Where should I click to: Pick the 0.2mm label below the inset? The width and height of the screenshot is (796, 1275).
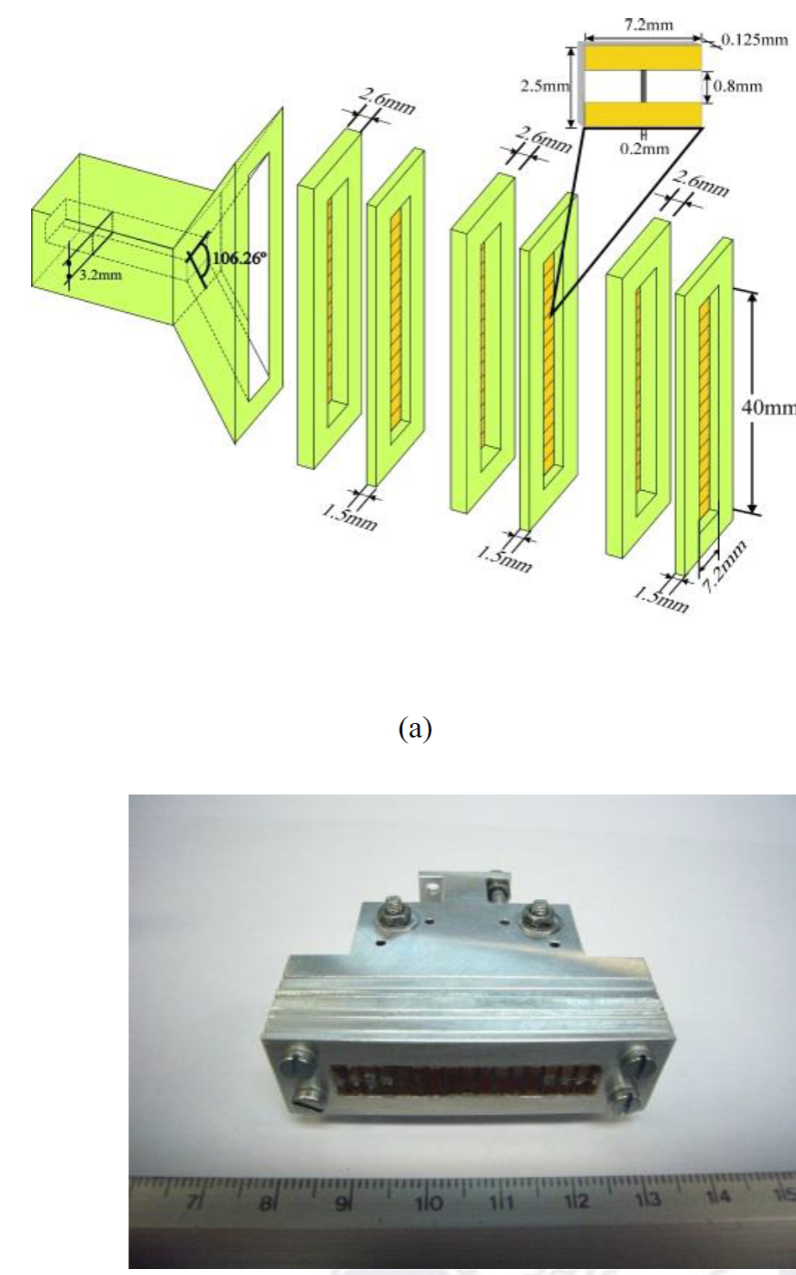(x=644, y=148)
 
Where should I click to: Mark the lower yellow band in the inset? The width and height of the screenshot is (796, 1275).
(x=643, y=114)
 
